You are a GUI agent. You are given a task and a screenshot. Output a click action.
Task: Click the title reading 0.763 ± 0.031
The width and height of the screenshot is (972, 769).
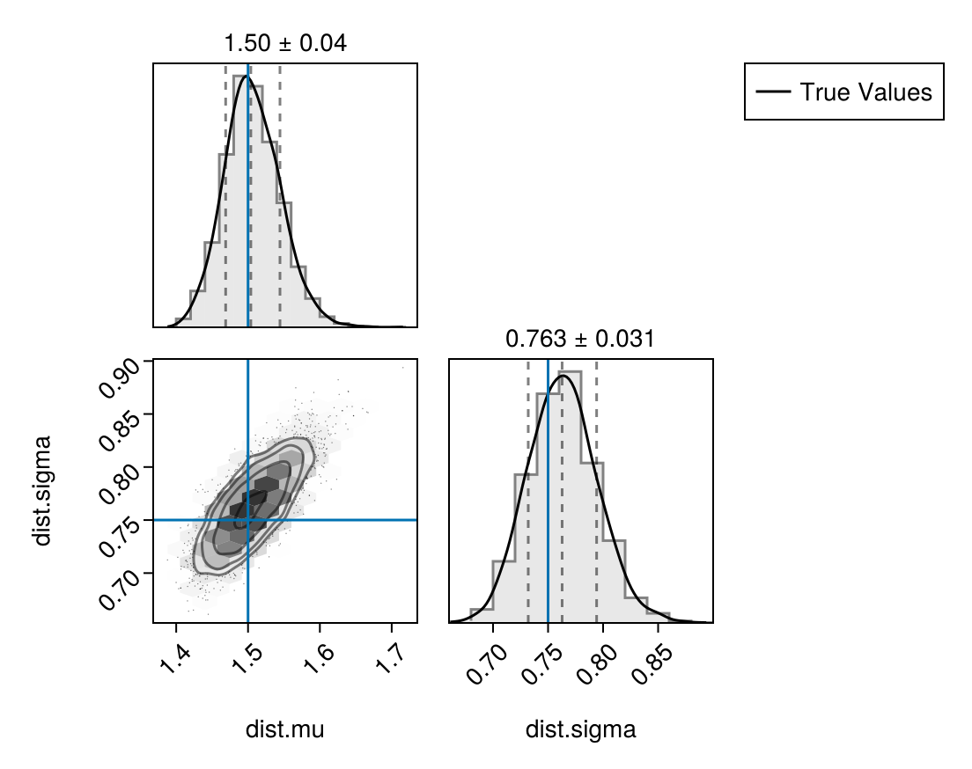580,338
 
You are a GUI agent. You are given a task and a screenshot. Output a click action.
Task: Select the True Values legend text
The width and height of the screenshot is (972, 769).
865,92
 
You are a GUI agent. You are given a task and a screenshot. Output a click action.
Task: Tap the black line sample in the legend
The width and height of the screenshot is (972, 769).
772,92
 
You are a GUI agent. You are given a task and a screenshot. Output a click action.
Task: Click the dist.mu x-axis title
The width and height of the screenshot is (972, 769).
284,729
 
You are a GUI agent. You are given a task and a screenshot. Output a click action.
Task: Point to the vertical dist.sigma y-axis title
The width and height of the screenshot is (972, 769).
42,490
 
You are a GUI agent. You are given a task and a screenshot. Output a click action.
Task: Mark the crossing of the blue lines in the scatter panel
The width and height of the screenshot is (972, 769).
248,520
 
